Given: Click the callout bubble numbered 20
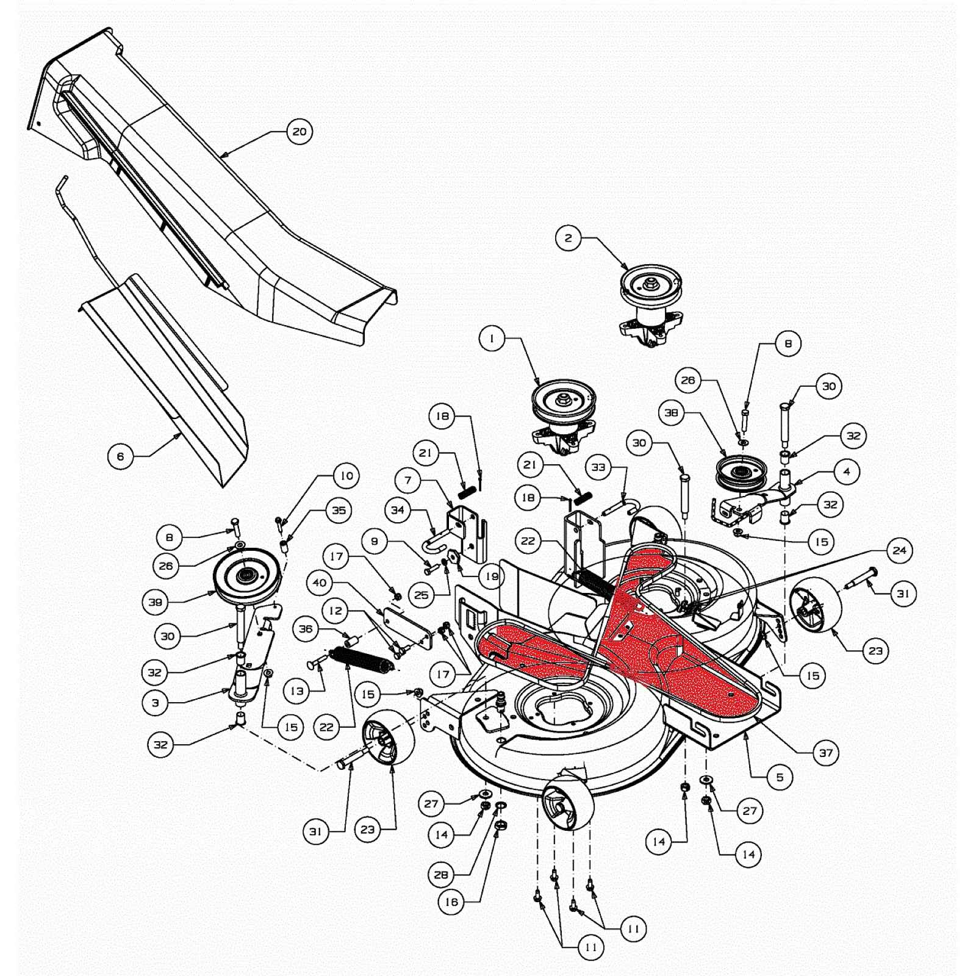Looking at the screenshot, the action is pos(300,132).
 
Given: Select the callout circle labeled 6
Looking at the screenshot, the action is pos(120,456).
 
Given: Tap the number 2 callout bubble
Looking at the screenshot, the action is pos(569,238).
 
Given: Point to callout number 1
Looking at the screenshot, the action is pos(492,338).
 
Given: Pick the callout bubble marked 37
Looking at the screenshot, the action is pos(826,753).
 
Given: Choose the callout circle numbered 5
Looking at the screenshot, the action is pos(780,777).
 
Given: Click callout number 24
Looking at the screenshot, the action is pos(900,551).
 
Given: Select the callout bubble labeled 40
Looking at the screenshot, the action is pos(320,583).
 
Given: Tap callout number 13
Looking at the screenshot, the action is pos(297,691).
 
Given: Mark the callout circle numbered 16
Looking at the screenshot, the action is pos(451,902).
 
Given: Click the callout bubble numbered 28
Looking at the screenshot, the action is pos(441,875).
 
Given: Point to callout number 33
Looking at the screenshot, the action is pos(598,467).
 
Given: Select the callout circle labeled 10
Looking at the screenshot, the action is pos(346,476).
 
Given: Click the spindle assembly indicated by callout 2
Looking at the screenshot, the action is pos(651,305).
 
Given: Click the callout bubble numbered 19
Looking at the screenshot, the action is pos(492,576).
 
